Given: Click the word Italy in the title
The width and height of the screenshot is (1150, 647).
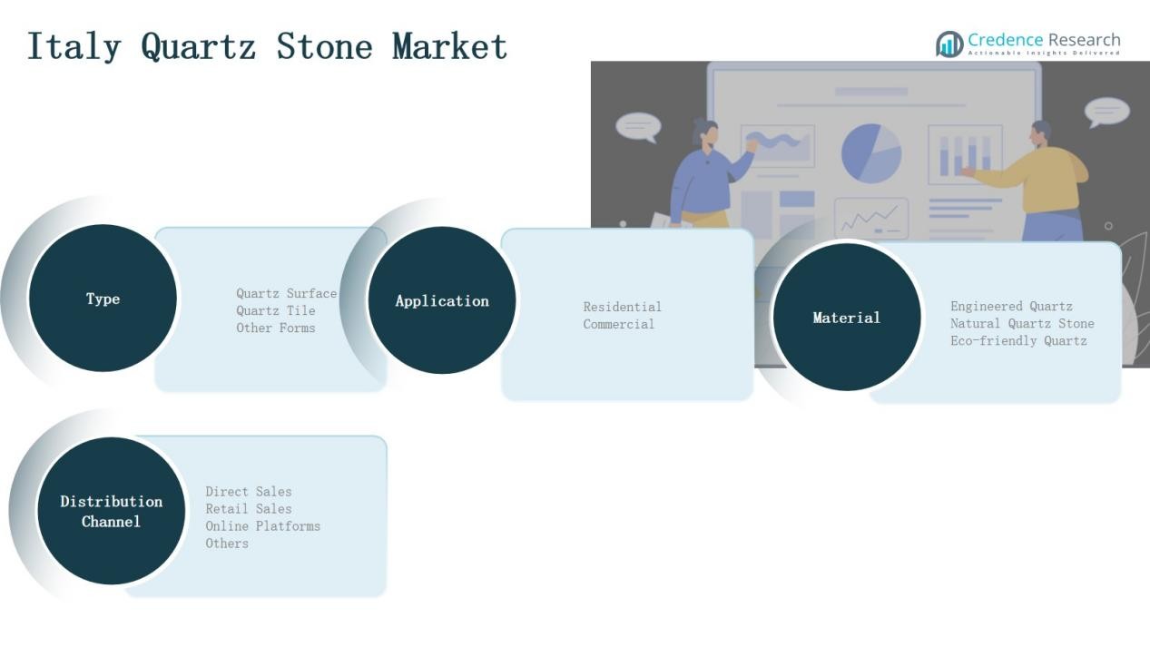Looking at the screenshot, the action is [74, 46].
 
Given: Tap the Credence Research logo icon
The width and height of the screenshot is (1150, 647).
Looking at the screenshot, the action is [949, 44].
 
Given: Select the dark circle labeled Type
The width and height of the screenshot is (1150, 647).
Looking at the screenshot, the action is [103, 299].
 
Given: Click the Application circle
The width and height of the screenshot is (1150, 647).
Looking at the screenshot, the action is [442, 300].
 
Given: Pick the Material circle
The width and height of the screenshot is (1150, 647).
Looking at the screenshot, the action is [847, 317].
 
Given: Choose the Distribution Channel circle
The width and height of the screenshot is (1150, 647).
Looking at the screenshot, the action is [112, 511].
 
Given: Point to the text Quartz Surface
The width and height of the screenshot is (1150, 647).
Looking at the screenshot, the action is [287, 293].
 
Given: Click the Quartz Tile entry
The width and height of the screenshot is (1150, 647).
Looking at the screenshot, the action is [276, 311].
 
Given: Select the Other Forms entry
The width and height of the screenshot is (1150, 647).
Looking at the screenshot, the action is [276, 328].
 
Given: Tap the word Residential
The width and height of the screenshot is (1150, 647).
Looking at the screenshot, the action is [623, 307].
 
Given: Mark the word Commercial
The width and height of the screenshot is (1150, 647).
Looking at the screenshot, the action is [619, 324].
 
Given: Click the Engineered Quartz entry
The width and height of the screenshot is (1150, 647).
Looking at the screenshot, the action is [1011, 307].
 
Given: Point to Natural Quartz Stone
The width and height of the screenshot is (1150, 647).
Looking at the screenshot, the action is [1022, 324].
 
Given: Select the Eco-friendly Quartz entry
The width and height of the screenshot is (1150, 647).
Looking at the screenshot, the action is [1018, 340].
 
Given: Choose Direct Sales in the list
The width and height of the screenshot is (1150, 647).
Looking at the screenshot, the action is [249, 492].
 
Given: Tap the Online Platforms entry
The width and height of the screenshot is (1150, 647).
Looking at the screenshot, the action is [263, 526].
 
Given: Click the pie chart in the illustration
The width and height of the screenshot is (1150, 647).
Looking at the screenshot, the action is [871, 152].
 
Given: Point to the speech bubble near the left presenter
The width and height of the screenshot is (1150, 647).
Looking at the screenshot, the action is [639, 127].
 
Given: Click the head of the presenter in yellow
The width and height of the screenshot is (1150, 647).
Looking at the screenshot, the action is [1040, 134].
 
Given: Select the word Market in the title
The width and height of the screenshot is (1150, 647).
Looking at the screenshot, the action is [449, 46].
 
